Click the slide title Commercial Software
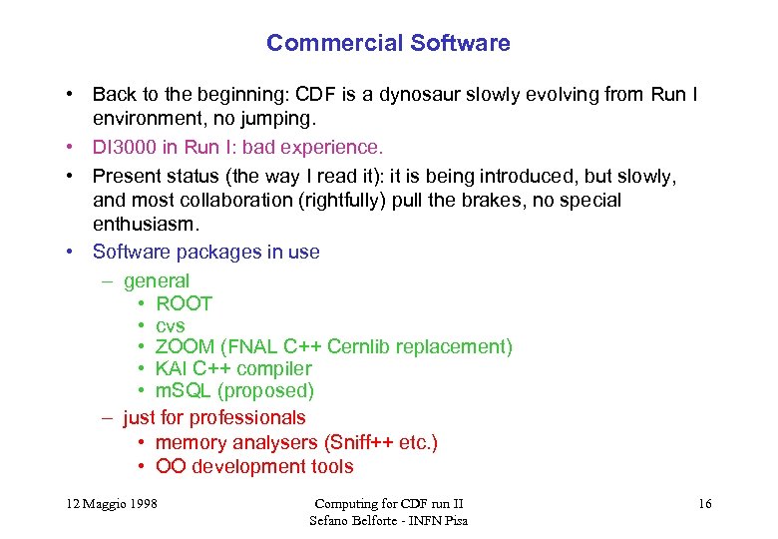click(x=388, y=44)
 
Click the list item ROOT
click(x=185, y=303)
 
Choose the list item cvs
click(x=171, y=325)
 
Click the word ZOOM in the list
click(x=186, y=347)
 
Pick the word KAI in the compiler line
click(x=172, y=369)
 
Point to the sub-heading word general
click(x=157, y=281)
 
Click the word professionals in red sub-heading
click(x=247, y=417)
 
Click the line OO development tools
click(x=254, y=466)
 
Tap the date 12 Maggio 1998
click(x=106, y=504)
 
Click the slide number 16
click(x=704, y=504)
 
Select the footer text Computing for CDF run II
click(x=388, y=504)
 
